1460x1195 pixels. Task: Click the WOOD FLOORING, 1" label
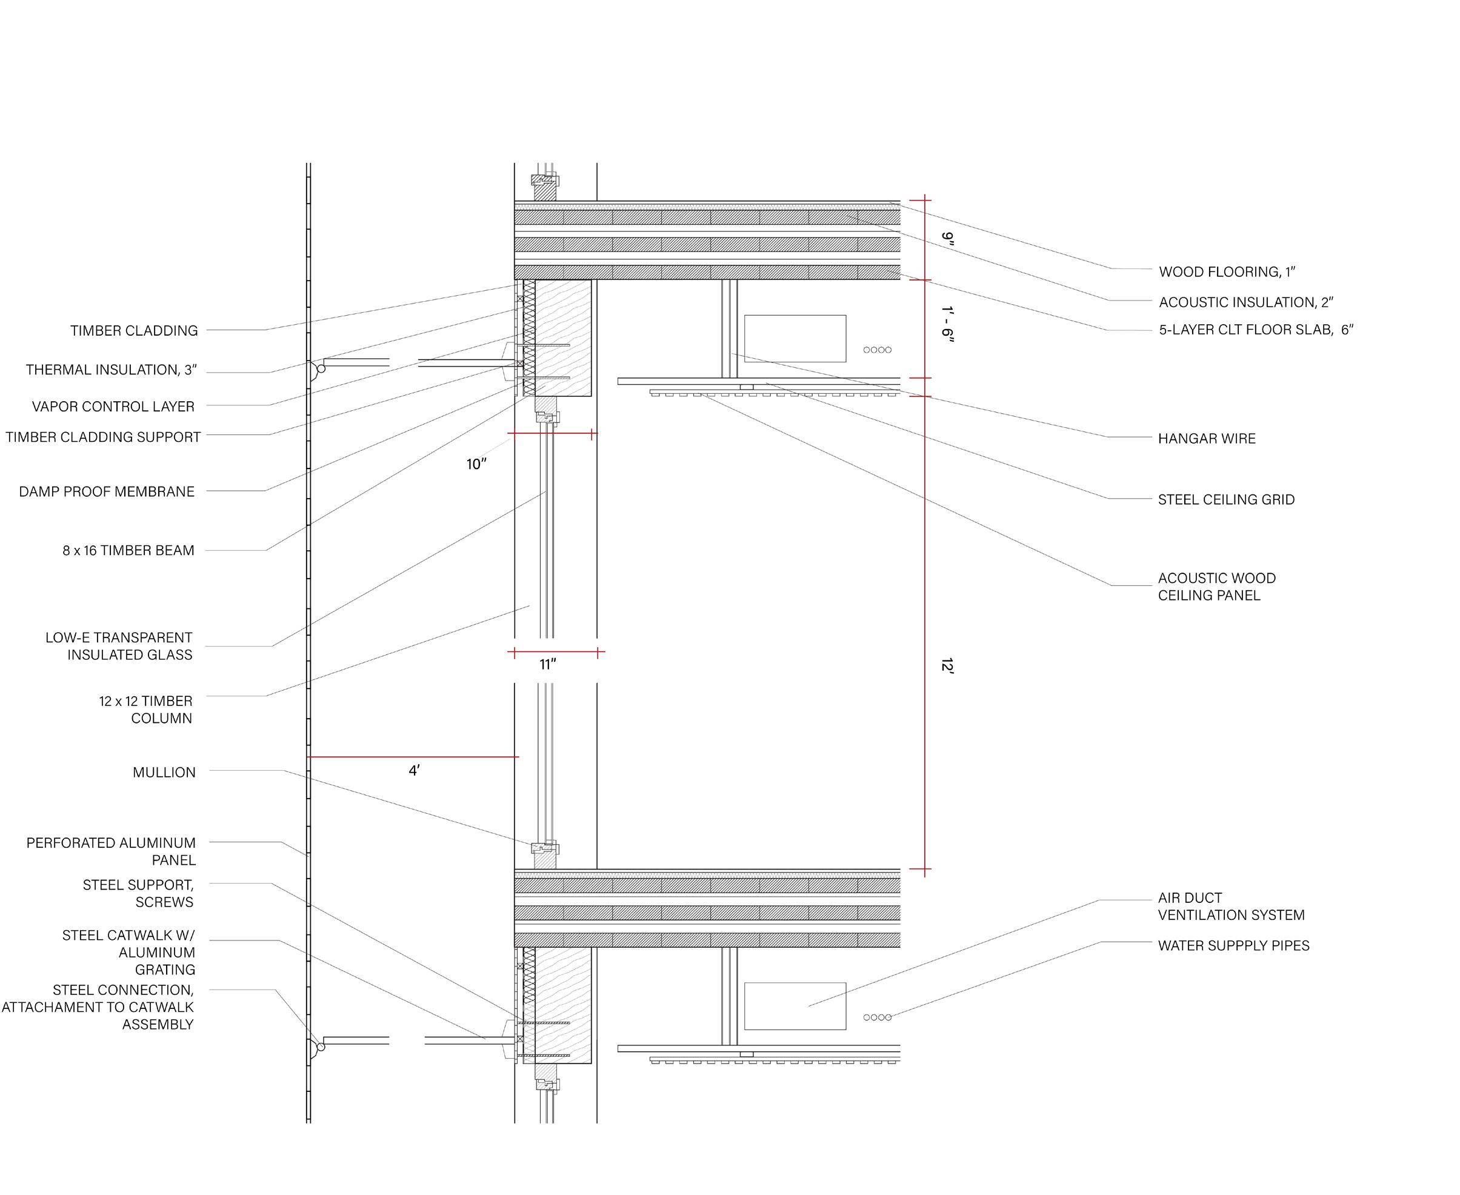[x=1227, y=272]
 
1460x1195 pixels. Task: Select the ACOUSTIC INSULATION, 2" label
[x=1246, y=302]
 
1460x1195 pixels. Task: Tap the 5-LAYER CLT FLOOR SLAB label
[x=1256, y=330]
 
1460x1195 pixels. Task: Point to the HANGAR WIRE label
[x=1207, y=439]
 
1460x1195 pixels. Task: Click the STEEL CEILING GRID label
[x=1226, y=500]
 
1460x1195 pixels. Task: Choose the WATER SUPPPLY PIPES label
[x=1233, y=946]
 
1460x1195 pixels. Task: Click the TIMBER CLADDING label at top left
[x=133, y=331]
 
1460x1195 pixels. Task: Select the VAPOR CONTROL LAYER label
[x=113, y=407]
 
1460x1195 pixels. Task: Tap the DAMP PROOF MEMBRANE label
[x=107, y=492]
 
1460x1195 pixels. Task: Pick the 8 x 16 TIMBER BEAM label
[x=128, y=551]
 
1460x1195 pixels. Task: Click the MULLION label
[x=164, y=773]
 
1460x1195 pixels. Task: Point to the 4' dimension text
[x=414, y=771]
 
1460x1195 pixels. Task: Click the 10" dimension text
[x=476, y=465]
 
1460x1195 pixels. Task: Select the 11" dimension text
[x=548, y=665]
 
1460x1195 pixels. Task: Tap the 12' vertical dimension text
[x=947, y=665]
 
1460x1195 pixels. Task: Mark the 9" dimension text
[x=948, y=238]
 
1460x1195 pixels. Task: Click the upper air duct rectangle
[x=795, y=339]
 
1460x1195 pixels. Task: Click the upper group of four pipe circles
[x=878, y=350]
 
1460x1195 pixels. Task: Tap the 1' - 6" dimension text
[x=948, y=324]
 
